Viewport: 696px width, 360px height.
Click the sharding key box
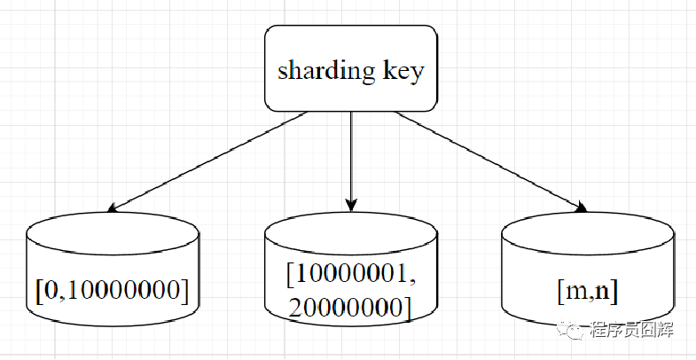351,68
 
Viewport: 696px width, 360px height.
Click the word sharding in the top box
325,71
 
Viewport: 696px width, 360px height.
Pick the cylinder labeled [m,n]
588,275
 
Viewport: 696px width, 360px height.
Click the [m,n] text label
588,289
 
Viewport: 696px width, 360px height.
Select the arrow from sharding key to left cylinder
209,161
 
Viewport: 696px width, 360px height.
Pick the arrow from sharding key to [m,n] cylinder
490,160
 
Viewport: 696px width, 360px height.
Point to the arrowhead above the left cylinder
113,209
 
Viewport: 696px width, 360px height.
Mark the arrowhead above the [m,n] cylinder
582,207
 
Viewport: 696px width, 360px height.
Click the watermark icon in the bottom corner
576,331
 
